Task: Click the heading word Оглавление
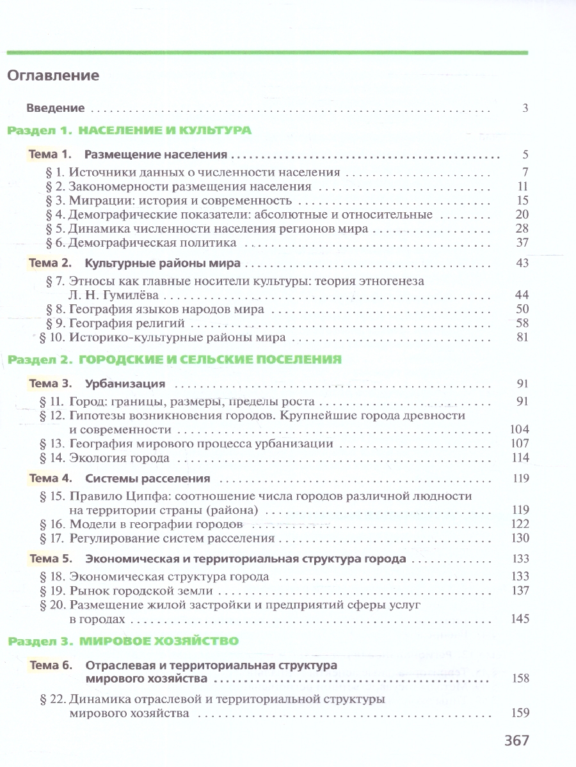[53, 75]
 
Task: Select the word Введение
[56, 108]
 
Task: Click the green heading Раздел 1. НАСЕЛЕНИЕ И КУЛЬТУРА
[129, 130]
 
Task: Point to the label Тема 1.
[49, 155]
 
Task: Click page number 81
[522, 337]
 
